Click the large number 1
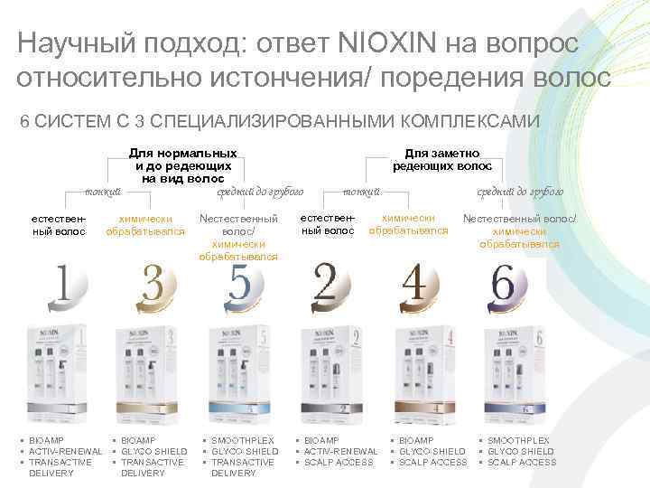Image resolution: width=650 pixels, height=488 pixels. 62,286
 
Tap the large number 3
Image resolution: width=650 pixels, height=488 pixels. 152,286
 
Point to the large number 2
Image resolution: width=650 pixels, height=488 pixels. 324,286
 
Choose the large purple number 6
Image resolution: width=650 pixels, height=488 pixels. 504,286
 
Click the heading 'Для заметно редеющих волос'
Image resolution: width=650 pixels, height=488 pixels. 441,160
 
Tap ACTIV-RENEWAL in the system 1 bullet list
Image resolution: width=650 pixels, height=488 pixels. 66,451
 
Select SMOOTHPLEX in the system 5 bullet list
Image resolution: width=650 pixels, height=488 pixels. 243,440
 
